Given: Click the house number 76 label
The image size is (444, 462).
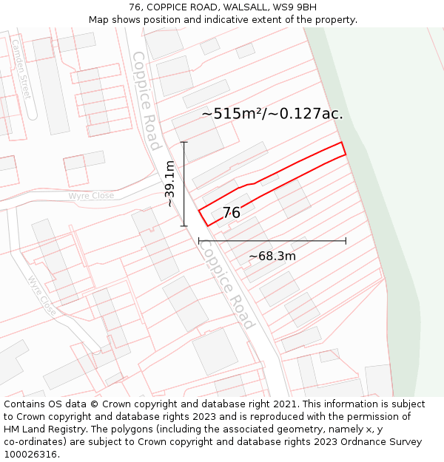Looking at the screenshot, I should [x=231, y=213].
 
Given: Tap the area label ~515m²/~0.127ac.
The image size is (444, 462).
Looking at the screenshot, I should [x=272, y=114].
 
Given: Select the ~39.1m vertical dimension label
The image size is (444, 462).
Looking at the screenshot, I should [x=170, y=184].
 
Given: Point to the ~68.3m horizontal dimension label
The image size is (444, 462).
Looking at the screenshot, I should [x=272, y=257].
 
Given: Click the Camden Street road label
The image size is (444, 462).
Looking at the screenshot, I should [x=21, y=70].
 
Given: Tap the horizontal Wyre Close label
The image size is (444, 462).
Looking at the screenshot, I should [x=91, y=196].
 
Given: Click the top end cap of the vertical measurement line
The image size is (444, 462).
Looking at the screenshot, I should [x=184, y=142].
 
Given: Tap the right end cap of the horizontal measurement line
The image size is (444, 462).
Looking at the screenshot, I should [x=346, y=240].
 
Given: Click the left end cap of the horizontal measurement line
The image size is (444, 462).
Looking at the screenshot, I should [x=199, y=240].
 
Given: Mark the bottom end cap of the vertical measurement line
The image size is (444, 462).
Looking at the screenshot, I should [x=184, y=226].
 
